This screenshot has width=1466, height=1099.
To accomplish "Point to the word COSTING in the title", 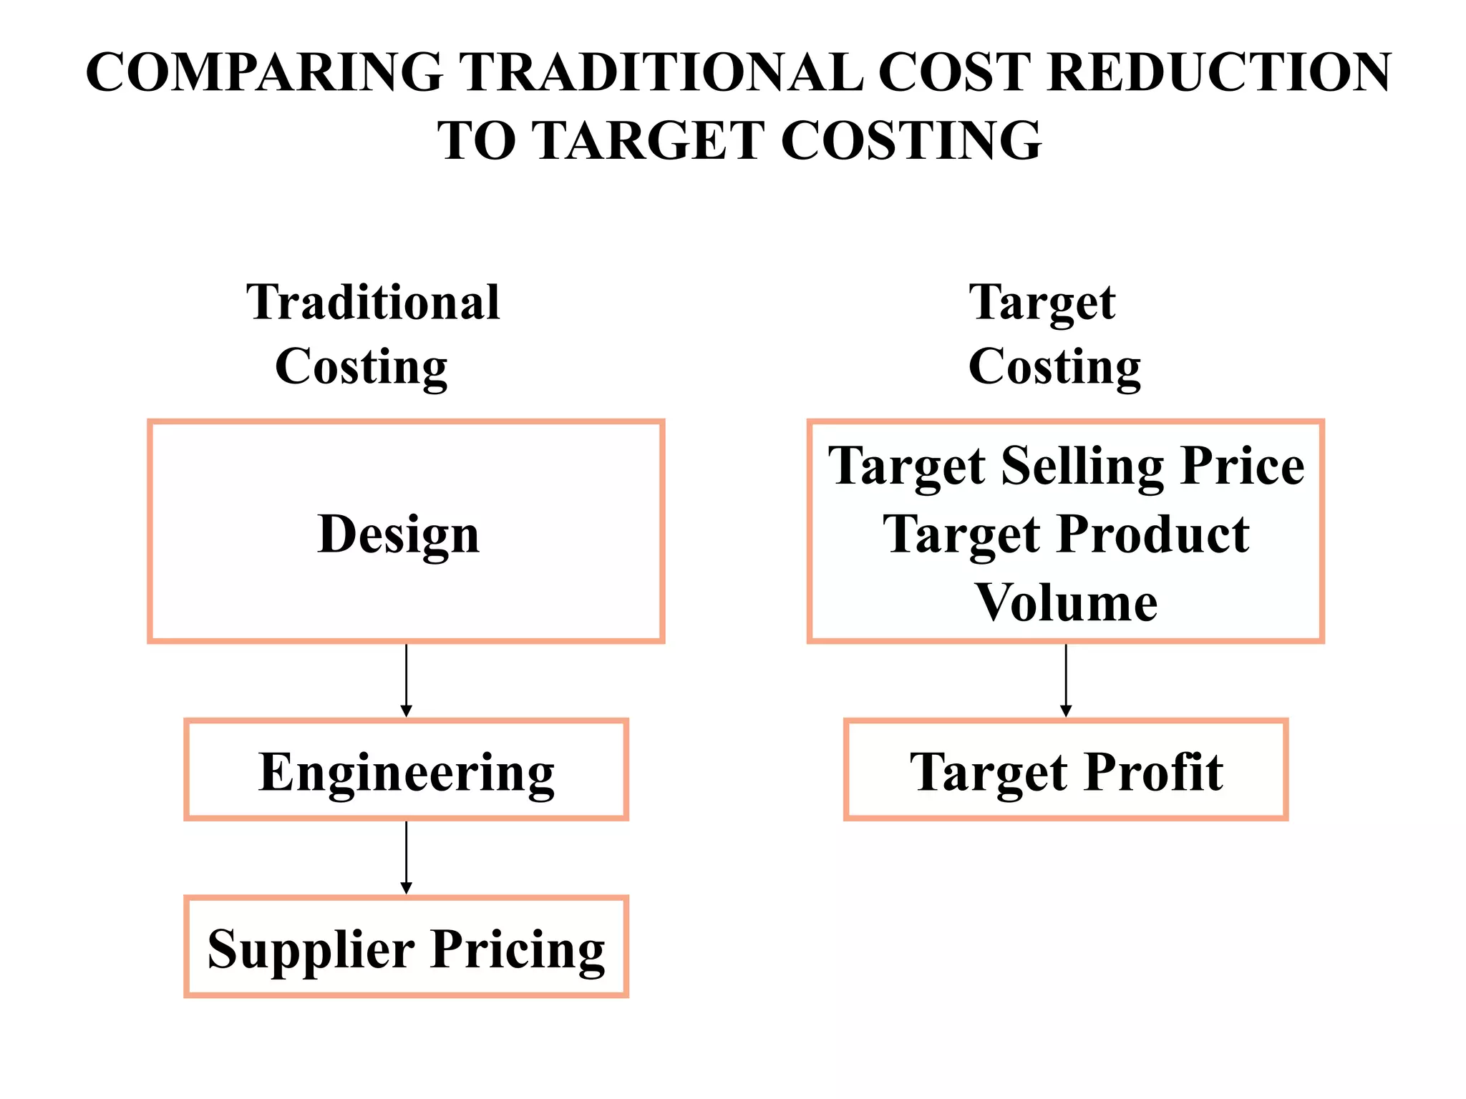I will tap(911, 140).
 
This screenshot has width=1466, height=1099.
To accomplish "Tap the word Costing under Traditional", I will tap(361, 367).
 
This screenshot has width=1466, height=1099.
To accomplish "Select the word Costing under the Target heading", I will tap(1054, 367).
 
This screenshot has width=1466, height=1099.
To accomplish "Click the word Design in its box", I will tap(398, 534).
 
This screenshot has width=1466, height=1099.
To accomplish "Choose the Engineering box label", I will tap(406, 773).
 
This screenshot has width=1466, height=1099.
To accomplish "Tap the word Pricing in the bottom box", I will tap(518, 950).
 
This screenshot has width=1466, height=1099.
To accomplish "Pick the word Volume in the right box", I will tap(1066, 602).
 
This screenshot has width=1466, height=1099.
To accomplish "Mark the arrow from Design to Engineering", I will tap(406, 680).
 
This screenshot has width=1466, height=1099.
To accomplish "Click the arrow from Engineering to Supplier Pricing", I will tap(406, 857).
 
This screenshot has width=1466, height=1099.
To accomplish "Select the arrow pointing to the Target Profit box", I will tap(1066, 680).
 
